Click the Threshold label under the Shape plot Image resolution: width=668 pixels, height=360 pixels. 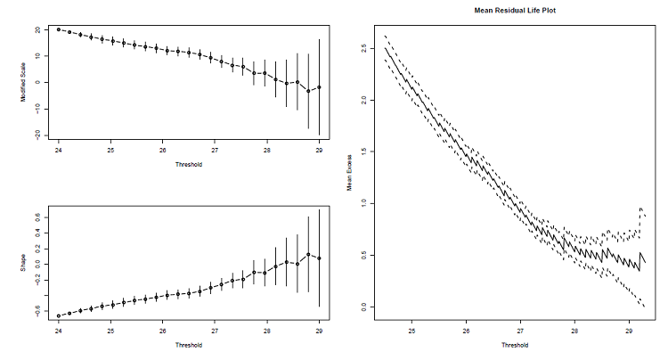click(x=188, y=345)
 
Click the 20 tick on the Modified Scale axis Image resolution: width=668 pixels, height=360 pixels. click(x=37, y=29)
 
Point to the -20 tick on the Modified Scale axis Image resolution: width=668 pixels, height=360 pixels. click(x=37, y=134)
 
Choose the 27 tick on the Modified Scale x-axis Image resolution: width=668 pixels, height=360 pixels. click(x=215, y=150)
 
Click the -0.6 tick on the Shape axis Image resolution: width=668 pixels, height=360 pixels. click(x=37, y=310)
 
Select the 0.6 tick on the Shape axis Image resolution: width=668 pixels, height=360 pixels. click(x=37, y=217)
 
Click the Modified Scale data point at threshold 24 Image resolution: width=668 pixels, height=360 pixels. click(x=59, y=29)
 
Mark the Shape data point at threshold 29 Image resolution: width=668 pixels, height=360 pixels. click(x=319, y=258)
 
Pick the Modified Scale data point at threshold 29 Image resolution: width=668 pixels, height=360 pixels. click(x=319, y=87)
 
